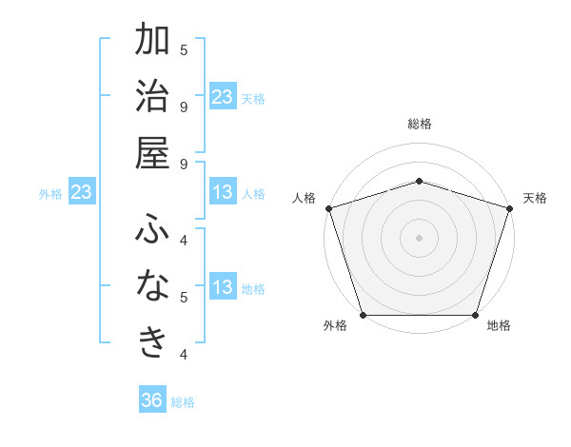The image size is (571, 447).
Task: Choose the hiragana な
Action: coord(152,286)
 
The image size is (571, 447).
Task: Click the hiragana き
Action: coord(152,343)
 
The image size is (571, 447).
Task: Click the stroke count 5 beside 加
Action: coord(184,49)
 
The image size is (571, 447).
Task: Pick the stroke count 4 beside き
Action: coord(184,355)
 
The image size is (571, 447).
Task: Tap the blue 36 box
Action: coord(152,400)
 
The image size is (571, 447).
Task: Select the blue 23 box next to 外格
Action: coord(82,192)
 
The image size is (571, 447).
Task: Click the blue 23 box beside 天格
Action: coord(223,96)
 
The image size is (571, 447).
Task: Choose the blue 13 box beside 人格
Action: coord(223,192)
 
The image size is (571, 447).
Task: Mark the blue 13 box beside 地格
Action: coord(223,287)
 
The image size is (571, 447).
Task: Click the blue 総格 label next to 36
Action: coord(183,402)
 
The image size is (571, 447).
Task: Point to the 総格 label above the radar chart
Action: coord(419,124)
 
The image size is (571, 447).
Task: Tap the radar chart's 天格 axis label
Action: coord(536,198)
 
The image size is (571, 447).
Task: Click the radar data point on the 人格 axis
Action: coord(328,207)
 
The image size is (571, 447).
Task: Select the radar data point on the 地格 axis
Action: coord(475,314)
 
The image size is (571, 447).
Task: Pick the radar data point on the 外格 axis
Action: coord(364,314)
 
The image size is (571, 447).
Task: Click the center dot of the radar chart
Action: coord(419,237)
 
